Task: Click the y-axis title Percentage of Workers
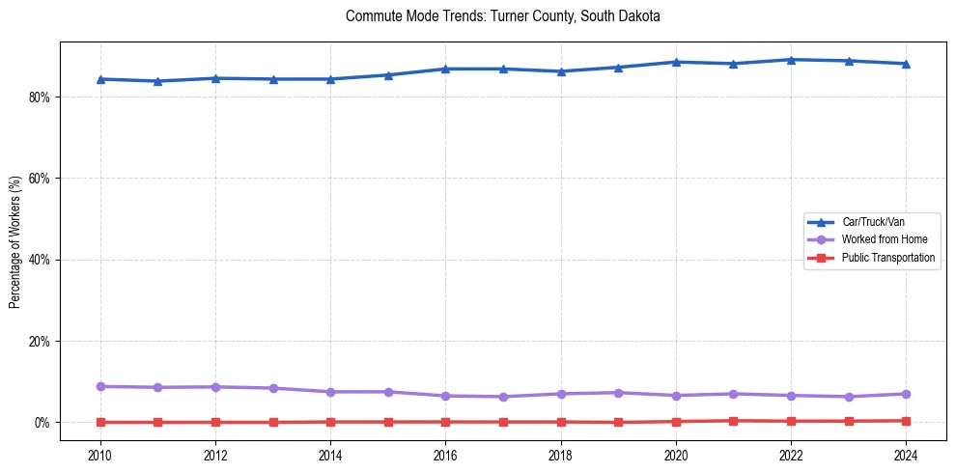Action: (15, 241)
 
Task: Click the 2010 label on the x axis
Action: (100, 454)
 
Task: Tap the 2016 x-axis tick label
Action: (445, 454)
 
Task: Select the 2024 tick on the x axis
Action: (905, 454)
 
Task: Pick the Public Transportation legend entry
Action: (887, 258)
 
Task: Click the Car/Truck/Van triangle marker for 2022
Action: (791, 60)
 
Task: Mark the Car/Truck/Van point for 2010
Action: (100, 79)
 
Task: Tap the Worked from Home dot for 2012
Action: (215, 387)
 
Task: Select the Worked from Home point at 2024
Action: (905, 394)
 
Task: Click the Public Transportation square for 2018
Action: (560, 422)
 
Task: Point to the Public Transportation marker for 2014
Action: (330, 422)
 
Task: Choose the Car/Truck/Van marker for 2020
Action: (676, 62)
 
